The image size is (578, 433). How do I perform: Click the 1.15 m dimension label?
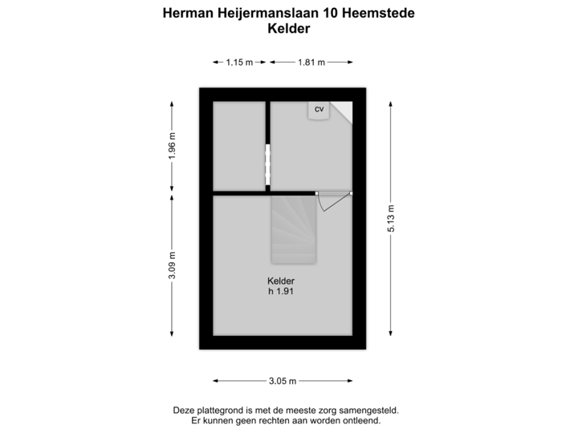(x=239, y=62)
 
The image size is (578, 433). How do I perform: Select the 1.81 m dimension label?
(x=311, y=62)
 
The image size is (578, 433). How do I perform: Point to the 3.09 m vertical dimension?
(x=172, y=265)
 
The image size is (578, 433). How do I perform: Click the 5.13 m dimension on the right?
(x=391, y=218)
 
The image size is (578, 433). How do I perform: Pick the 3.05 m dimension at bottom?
(x=283, y=381)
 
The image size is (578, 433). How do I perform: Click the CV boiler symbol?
(x=319, y=110)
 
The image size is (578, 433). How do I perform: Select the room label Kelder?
(x=281, y=281)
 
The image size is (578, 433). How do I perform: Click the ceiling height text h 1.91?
(x=281, y=292)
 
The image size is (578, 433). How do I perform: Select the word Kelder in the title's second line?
(x=288, y=28)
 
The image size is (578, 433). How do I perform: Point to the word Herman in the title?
(x=186, y=14)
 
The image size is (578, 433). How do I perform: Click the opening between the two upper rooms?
(x=267, y=164)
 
